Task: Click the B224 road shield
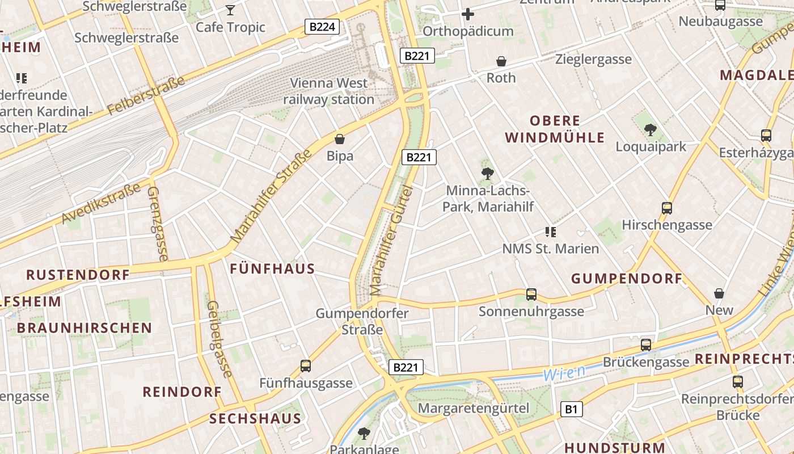[x=322, y=27]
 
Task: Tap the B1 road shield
[x=572, y=409]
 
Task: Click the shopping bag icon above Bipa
[x=340, y=139]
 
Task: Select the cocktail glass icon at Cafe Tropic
[x=230, y=10]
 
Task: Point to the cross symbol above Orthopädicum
[x=468, y=14]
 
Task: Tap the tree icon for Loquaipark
[x=651, y=130]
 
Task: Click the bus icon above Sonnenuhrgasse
[x=531, y=295]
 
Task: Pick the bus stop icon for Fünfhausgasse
[x=306, y=366]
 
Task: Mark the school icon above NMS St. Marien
[x=550, y=232]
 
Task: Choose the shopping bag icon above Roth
[x=501, y=61]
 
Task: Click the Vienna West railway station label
[x=329, y=91]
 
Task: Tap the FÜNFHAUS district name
[x=272, y=269]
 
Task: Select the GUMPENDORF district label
[x=626, y=279]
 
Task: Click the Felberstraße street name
[x=146, y=95]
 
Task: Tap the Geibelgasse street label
[x=219, y=339]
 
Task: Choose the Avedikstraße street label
[x=101, y=203]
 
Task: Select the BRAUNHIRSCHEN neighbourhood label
[x=85, y=328]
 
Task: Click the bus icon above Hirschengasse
[x=667, y=208]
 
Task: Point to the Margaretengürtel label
[x=473, y=408]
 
